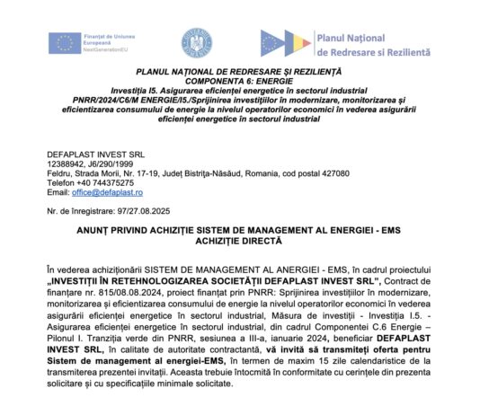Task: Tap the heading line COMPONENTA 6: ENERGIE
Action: coord(240,82)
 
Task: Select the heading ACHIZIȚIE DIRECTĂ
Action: coord(240,241)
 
